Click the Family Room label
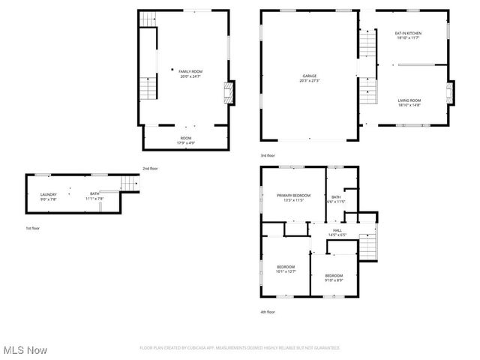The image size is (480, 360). coord(190,71)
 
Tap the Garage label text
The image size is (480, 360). coord(309,76)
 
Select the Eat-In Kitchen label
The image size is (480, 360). coord(408,33)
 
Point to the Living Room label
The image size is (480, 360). coord(409,100)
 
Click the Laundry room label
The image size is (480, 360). coord(48,195)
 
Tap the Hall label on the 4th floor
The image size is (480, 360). coord(337,230)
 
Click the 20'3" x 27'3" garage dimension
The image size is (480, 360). coord(309,80)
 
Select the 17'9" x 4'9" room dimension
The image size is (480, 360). coord(185,142)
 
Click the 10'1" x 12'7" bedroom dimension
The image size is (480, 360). coord(286,271)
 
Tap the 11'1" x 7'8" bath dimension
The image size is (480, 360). coord(94,199)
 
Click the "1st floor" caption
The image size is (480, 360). coord(32,228)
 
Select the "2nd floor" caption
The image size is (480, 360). coord(150,169)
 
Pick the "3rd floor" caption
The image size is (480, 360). coord(268,155)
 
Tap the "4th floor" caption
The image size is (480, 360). coord(268,312)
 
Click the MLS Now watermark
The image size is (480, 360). coord(25,350)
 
